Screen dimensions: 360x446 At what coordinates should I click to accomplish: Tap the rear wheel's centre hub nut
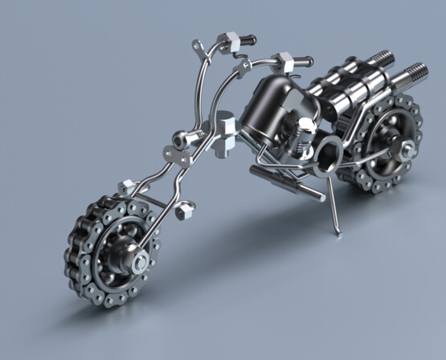407,147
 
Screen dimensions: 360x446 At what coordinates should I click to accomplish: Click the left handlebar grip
244,38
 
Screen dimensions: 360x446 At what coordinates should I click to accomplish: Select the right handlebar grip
302,59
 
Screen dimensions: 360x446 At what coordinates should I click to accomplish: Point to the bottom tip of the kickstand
338,233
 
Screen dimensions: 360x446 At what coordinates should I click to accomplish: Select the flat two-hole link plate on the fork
170,153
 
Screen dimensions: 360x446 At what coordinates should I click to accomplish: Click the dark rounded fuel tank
268,104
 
